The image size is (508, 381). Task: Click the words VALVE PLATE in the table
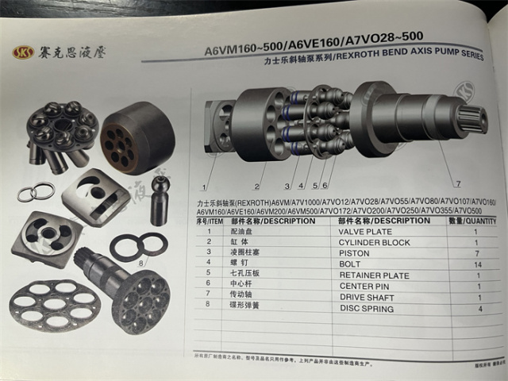click(366, 232)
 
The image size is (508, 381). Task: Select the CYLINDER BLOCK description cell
click(374, 242)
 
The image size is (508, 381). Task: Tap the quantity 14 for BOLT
click(478, 264)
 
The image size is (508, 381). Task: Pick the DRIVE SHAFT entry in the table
click(366, 297)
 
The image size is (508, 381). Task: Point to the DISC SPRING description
click(366, 308)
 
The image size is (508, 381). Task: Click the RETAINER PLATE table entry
click(374, 275)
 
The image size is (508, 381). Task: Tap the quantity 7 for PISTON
click(476, 252)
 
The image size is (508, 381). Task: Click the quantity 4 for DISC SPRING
click(478, 308)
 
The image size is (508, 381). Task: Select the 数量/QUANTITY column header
click(471, 221)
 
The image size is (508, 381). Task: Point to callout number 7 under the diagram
click(458, 174)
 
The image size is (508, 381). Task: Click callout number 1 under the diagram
click(205, 187)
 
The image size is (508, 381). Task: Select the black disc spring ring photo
click(139, 246)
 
